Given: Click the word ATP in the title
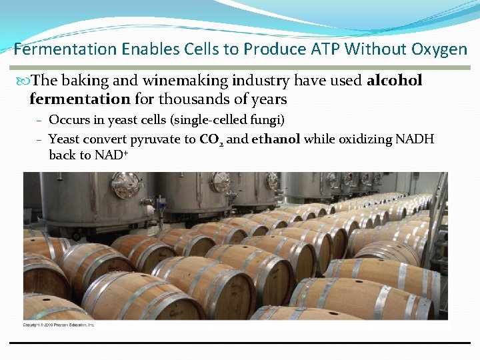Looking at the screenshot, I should [325, 49].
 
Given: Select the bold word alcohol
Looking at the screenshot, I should [394, 81].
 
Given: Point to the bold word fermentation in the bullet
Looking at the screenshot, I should [80, 99].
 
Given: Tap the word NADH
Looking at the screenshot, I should [415, 139].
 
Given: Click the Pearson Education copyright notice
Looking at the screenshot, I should [59, 325].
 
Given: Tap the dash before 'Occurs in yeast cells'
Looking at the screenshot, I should [40, 121].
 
